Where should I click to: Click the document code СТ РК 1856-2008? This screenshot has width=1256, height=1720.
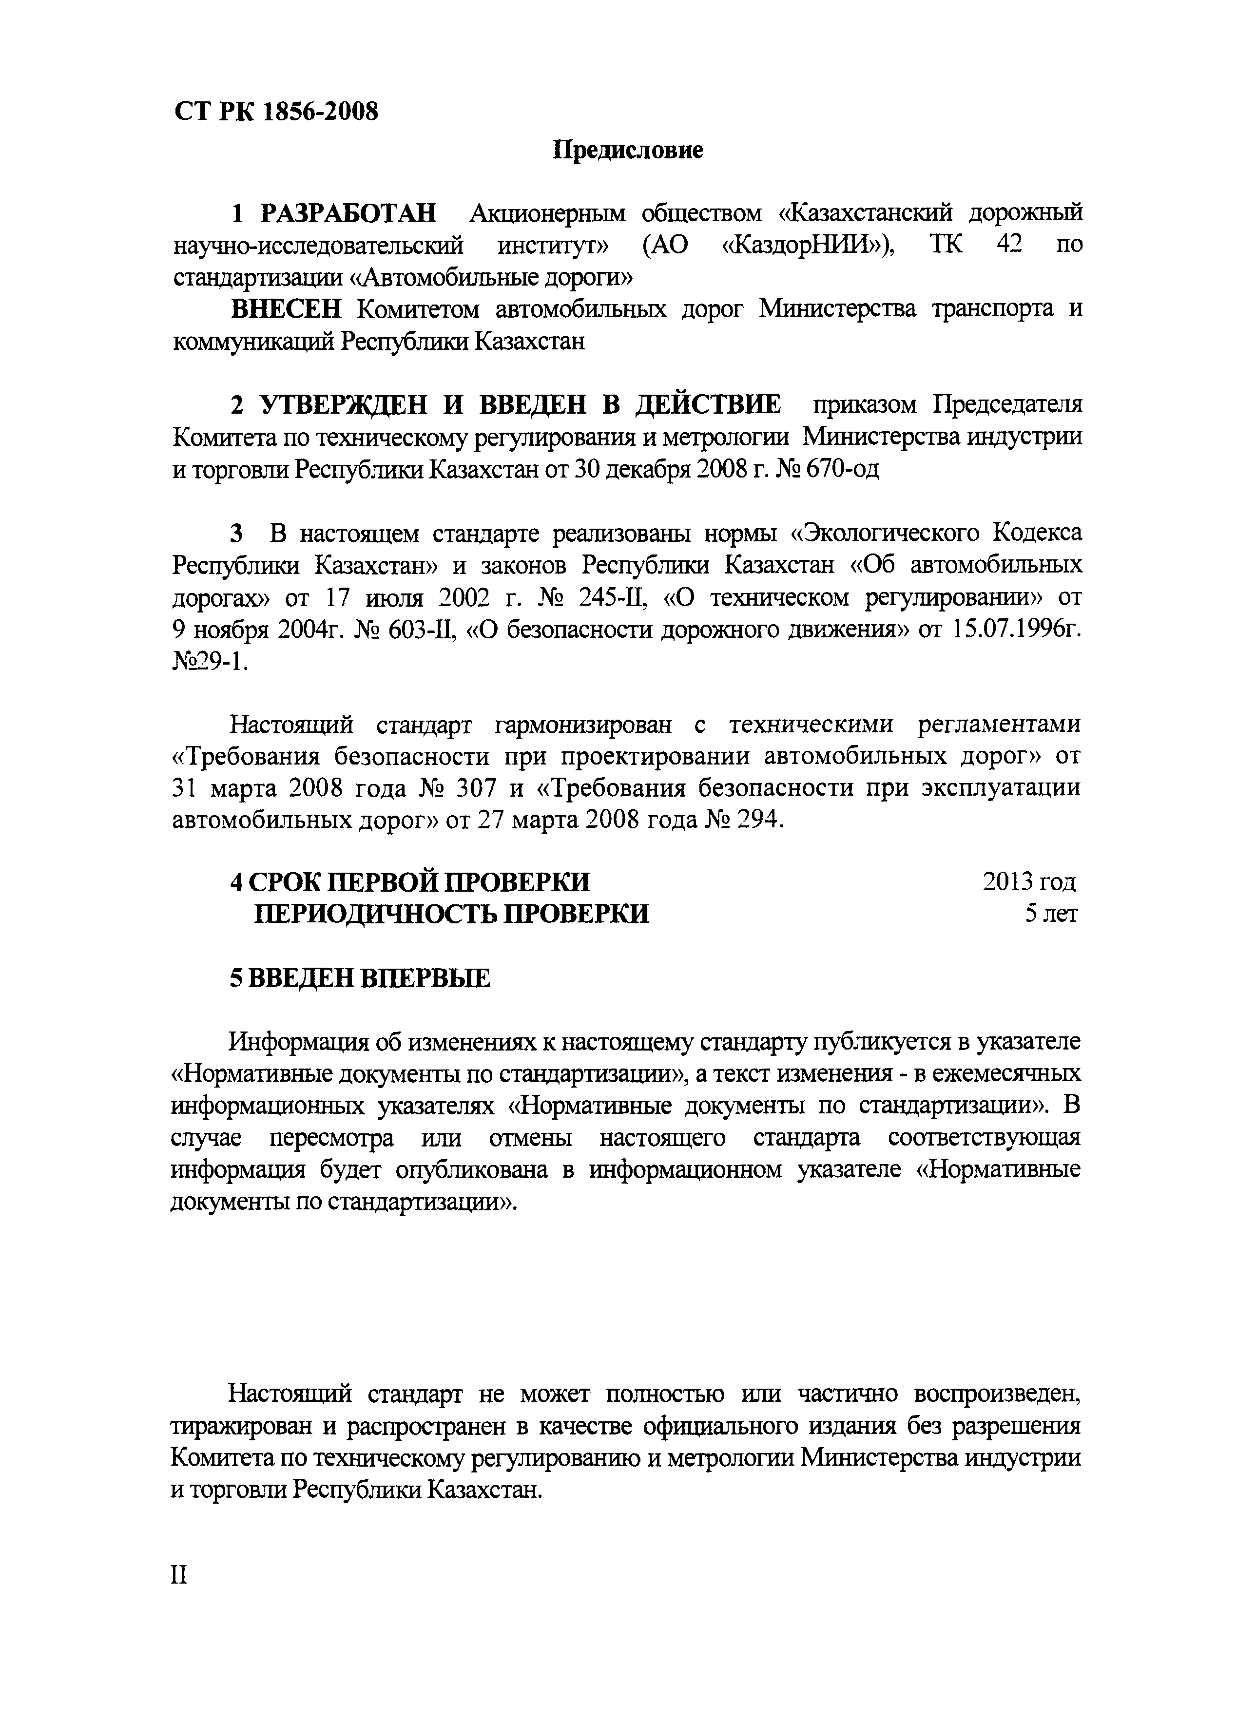click(x=276, y=113)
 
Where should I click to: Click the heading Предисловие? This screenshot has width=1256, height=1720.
click(x=627, y=150)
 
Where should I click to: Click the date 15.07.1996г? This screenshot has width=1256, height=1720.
click(x=1016, y=631)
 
